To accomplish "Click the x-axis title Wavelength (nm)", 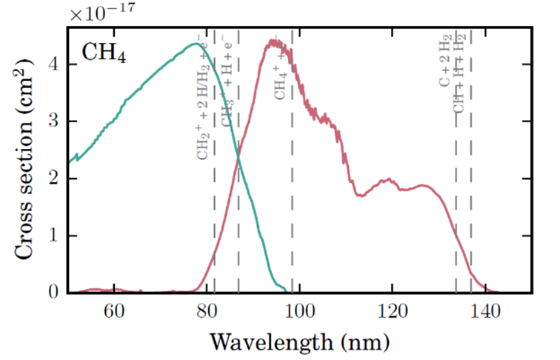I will (x=299, y=341).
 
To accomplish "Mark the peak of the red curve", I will (x=273, y=42).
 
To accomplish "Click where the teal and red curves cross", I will (x=239, y=156).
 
